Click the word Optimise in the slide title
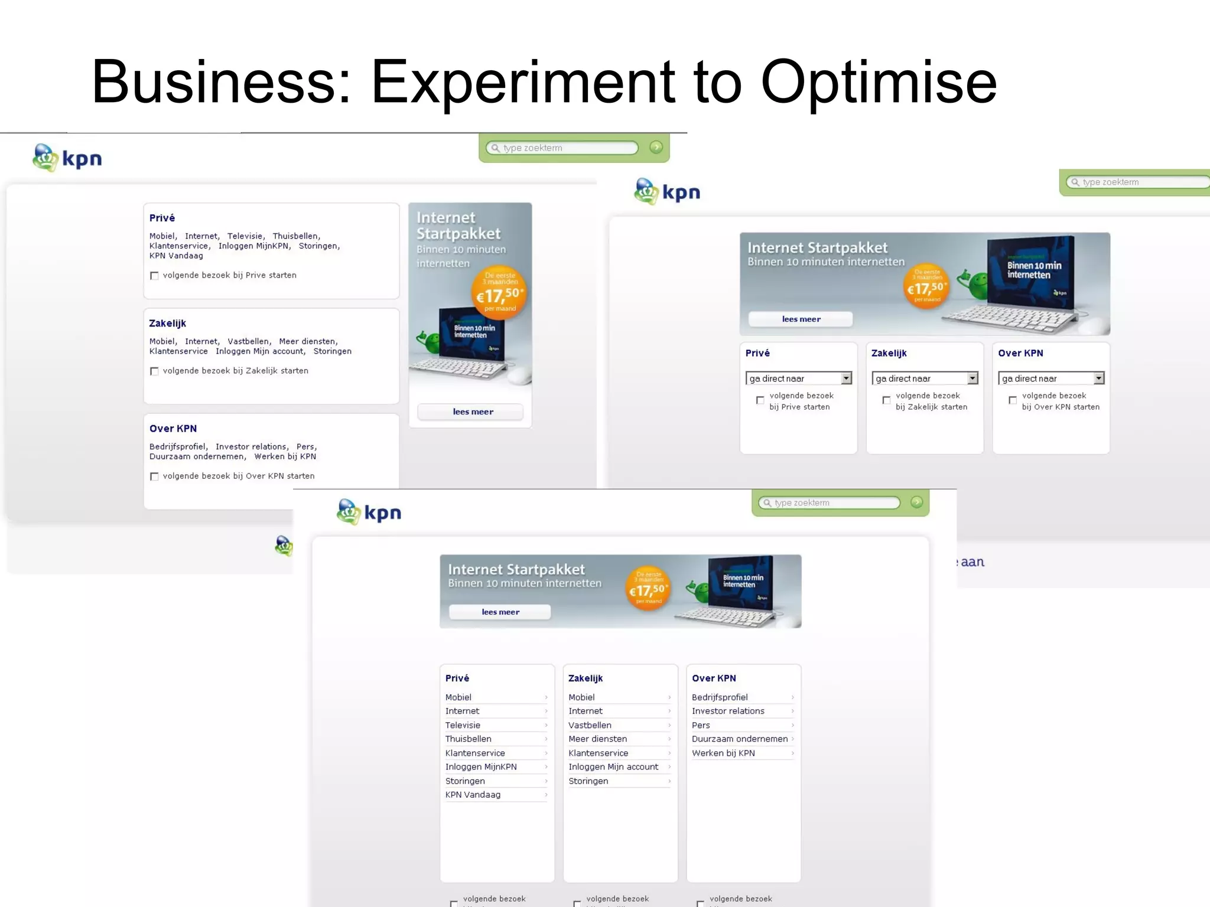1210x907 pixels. point(879,83)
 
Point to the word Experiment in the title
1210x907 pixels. point(523,83)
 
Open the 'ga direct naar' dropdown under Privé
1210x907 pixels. point(798,379)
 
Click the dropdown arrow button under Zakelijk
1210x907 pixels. point(972,379)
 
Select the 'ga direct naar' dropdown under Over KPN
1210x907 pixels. point(1051,379)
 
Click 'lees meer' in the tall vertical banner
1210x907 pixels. point(473,412)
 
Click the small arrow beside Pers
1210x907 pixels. point(792,725)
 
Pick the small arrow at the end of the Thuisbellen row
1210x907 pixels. point(546,739)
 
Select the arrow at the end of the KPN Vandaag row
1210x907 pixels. point(546,795)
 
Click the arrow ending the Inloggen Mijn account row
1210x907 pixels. point(669,767)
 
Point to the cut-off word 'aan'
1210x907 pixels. point(972,562)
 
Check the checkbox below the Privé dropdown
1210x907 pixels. point(760,400)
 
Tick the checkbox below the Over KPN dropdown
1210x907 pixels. point(1013,400)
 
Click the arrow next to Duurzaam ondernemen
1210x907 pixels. point(792,739)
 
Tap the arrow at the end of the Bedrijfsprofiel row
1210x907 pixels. point(792,697)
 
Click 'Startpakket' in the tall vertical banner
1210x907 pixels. point(458,234)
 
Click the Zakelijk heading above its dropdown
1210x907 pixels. point(889,353)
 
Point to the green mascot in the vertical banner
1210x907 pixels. point(430,341)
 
